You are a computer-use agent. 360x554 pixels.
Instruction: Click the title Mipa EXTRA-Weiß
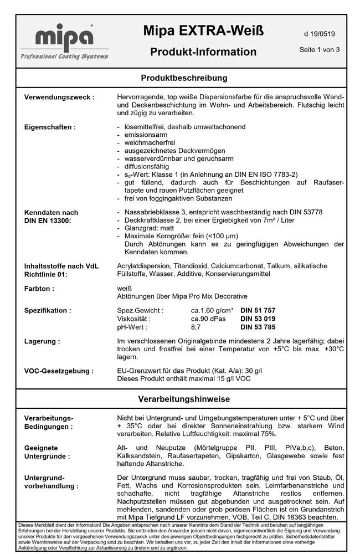(203, 32)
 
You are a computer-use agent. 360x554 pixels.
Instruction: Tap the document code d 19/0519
(319, 34)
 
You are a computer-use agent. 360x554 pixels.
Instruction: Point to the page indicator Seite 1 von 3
(319, 49)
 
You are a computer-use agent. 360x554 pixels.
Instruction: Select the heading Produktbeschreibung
(184, 78)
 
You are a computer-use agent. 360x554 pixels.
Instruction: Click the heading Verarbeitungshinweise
(184, 399)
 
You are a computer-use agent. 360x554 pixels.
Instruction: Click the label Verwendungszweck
(59, 98)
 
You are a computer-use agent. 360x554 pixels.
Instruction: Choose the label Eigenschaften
(50, 127)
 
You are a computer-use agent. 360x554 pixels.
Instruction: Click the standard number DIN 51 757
(258, 311)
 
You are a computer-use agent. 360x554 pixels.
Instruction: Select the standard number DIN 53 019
(258, 319)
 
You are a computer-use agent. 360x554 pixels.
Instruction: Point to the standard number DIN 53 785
(258, 327)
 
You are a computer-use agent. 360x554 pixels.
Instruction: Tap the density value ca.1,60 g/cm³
(212, 311)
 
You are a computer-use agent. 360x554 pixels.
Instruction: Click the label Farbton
(39, 289)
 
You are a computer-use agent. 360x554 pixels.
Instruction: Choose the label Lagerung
(42, 341)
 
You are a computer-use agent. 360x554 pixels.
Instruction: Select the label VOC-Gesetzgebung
(59, 371)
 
